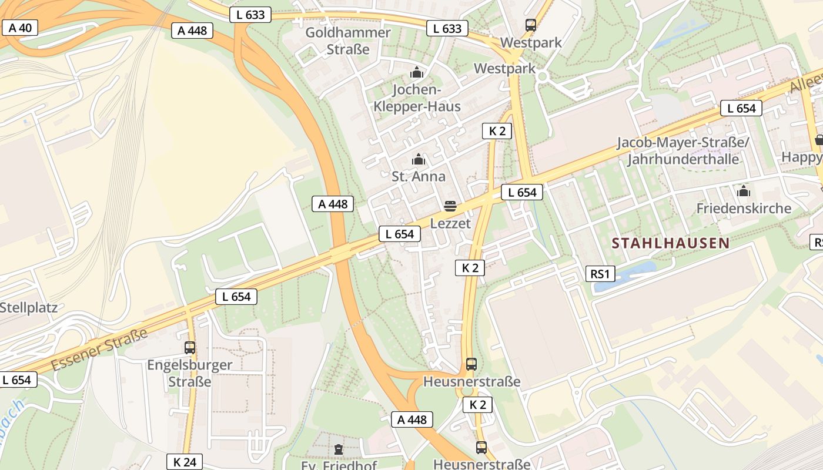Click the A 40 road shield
(x=20, y=27)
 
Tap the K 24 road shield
(x=185, y=462)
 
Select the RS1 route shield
(x=600, y=273)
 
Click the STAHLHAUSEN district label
(x=670, y=243)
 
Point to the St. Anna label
(x=419, y=176)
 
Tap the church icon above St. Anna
(x=419, y=159)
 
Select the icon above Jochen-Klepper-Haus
(x=417, y=73)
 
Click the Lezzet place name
(x=450, y=223)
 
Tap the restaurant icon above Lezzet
(x=450, y=206)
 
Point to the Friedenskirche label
(x=744, y=208)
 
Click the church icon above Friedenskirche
(x=744, y=191)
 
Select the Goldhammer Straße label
(x=348, y=41)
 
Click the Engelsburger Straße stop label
(x=190, y=373)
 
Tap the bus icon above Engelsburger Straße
(x=190, y=347)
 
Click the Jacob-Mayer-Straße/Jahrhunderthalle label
(x=683, y=151)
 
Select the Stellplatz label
(x=28, y=307)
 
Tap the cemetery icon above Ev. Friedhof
(x=338, y=450)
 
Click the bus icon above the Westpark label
(x=531, y=25)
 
